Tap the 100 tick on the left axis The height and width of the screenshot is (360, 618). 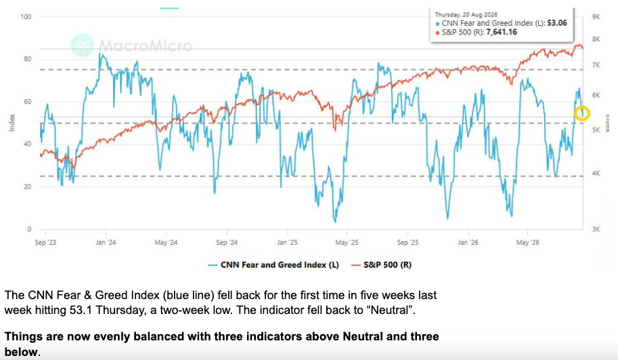coord(26,17)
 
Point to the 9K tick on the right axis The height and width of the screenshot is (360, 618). coord(596,17)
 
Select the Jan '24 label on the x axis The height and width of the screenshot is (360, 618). coord(106,242)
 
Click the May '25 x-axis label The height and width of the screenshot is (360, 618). coord(347,242)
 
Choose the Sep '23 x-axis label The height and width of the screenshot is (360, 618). coord(45,242)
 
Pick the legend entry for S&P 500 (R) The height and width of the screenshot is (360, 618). coord(381,265)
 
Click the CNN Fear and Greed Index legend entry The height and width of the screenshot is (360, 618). coord(273,265)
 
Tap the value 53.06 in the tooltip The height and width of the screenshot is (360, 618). coord(557,23)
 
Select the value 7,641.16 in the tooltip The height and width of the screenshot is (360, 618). coord(502,32)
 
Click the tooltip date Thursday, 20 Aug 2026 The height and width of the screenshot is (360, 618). coord(466,15)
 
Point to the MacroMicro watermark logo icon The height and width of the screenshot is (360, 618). coord(83,45)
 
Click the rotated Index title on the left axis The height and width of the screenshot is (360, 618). coord(12,122)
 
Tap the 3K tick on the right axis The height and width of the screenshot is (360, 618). coord(596,229)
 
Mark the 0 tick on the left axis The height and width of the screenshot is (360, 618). coord(29,229)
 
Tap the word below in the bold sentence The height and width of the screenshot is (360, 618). coord(21,352)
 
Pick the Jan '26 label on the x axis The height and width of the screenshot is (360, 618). coord(468,242)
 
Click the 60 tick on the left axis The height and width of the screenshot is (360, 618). coord(27,102)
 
